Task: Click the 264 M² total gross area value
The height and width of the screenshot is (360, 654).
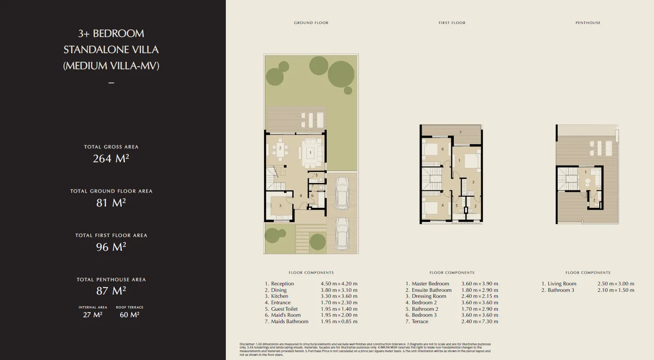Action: click(111, 158)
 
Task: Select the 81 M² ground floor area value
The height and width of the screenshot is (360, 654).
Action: click(111, 202)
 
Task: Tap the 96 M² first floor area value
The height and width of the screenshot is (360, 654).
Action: click(111, 247)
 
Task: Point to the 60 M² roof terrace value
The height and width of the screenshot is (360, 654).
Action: click(130, 315)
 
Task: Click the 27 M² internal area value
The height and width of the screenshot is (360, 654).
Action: click(93, 315)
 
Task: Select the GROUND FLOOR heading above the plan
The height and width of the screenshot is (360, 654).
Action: click(311, 23)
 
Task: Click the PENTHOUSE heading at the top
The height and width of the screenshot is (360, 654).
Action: click(588, 23)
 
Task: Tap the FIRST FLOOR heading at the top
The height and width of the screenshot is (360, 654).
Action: click(452, 23)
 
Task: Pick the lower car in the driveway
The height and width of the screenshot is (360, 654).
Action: click(342, 234)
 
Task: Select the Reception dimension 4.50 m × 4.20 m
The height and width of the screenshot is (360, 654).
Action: click(339, 283)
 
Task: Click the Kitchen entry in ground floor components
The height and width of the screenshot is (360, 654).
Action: click(279, 296)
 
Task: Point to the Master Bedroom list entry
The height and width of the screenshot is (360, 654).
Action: click(430, 283)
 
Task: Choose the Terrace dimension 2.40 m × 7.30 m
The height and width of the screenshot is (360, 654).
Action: click(479, 321)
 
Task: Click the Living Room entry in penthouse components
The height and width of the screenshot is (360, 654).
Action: click(562, 283)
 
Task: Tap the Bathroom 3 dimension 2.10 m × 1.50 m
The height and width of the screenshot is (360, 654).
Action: click(616, 290)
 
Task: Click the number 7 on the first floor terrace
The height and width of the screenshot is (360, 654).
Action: click(460, 132)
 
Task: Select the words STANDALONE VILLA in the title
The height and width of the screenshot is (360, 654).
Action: click(111, 49)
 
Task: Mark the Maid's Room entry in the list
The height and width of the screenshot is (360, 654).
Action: click(285, 315)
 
